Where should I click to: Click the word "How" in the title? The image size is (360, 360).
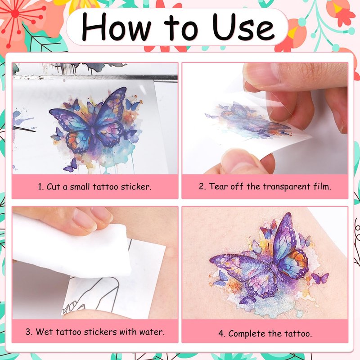(x=116, y=27)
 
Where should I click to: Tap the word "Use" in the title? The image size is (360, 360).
(x=243, y=27)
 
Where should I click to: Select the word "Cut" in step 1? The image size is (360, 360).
(x=53, y=186)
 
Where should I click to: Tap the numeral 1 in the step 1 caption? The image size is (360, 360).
(x=40, y=186)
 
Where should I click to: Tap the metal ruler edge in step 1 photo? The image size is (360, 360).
(x=95, y=77)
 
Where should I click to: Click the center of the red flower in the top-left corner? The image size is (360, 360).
(x=15, y=14)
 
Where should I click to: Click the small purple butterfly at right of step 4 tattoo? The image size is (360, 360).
(x=320, y=278)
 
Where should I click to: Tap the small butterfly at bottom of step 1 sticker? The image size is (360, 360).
(x=71, y=165)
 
